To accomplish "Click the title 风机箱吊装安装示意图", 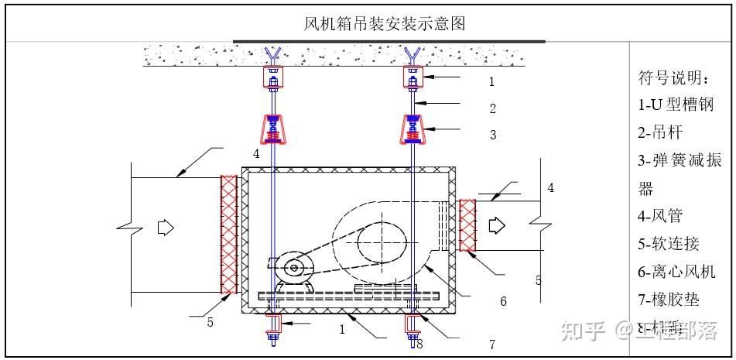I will (x=385, y=23).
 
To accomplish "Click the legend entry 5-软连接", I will (x=669, y=244).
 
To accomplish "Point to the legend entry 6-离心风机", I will (x=676, y=271).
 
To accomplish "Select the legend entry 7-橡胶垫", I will (x=669, y=299).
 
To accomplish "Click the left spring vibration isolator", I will (x=272, y=129).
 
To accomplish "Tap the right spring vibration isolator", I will (x=413, y=129).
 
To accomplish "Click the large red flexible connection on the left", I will (x=229, y=234).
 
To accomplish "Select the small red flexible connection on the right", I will (x=467, y=225).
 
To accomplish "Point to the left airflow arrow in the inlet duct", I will (x=165, y=228).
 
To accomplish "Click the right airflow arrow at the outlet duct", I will (x=496, y=225).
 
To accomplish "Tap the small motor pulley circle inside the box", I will (x=293, y=268).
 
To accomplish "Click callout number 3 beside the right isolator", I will (x=492, y=135).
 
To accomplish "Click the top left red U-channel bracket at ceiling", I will (x=272, y=77).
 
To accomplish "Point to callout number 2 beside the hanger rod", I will (x=492, y=109).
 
